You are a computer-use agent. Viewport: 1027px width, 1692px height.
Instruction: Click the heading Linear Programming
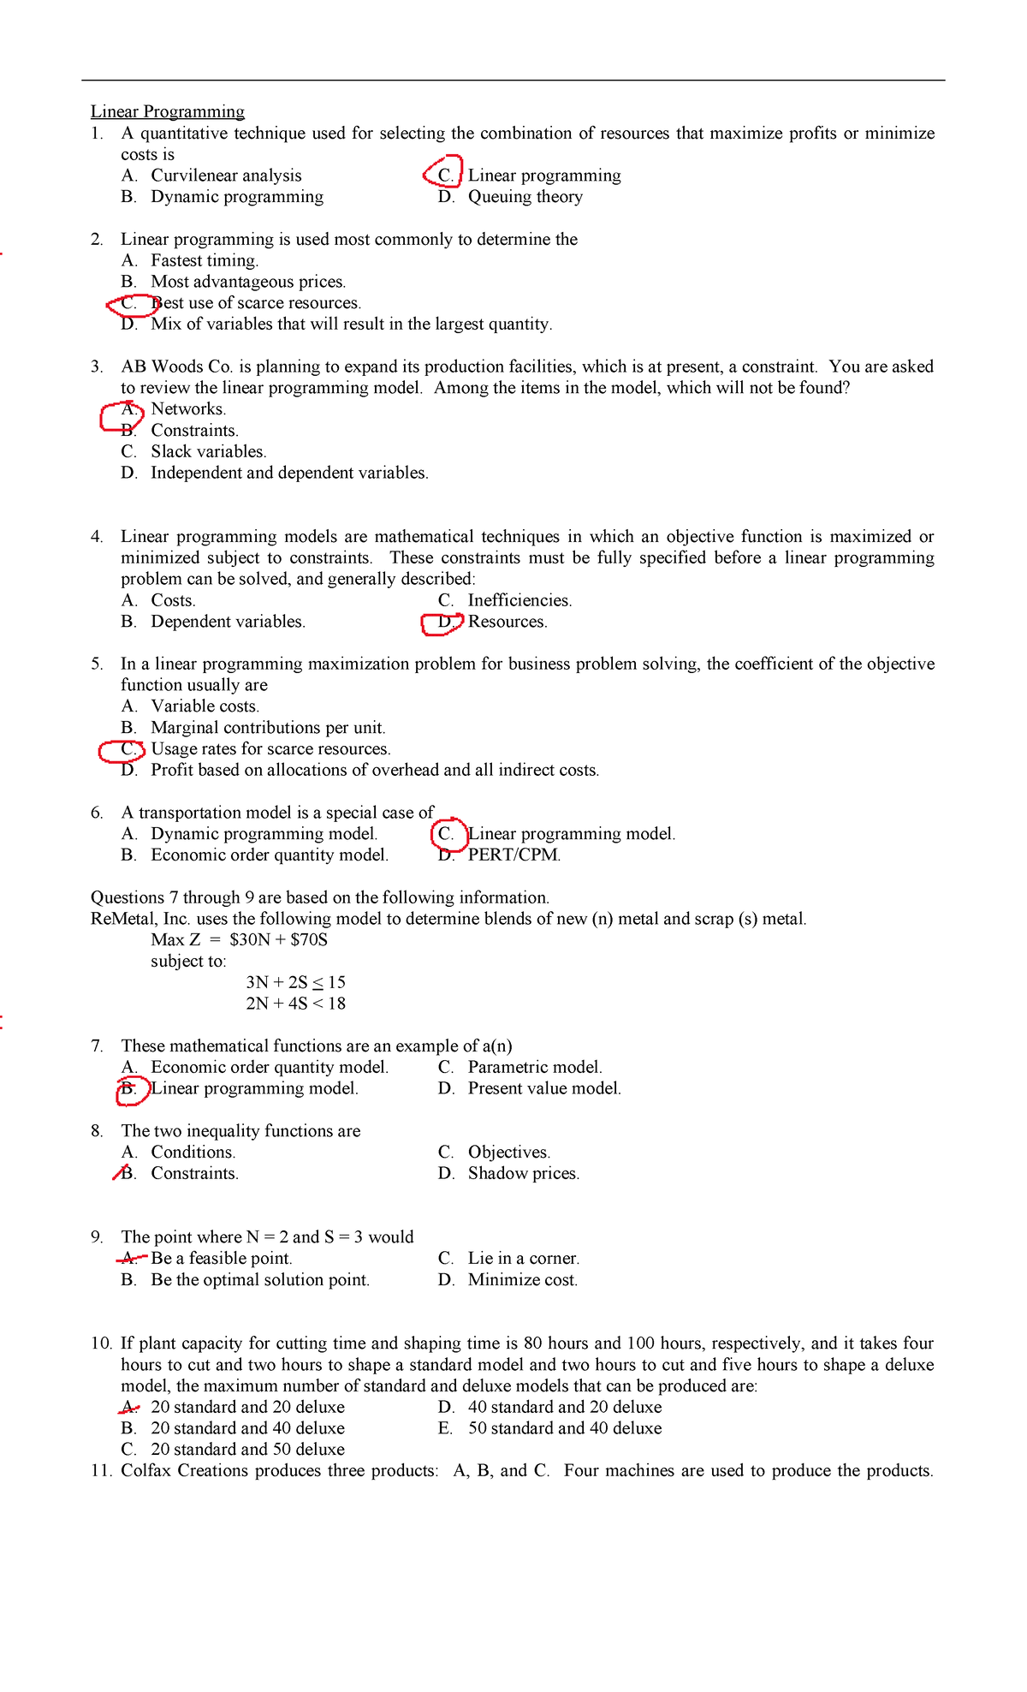click(x=168, y=112)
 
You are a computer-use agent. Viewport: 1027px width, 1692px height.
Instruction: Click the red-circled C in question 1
click(x=445, y=175)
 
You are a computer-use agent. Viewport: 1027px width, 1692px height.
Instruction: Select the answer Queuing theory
click(x=525, y=197)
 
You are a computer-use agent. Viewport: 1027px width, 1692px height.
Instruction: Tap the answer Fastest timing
click(x=205, y=260)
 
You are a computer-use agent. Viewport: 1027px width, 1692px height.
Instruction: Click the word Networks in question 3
click(x=188, y=409)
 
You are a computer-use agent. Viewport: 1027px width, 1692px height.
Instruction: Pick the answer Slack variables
click(x=208, y=451)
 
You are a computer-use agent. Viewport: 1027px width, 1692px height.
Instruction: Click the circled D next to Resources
click(x=444, y=623)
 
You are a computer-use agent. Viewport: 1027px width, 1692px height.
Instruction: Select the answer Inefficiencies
click(x=519, y=600)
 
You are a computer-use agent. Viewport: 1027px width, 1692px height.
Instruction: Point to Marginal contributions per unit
click(x=268, y=728)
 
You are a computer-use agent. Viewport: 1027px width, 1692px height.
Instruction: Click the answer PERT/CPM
click(x=514, y=855)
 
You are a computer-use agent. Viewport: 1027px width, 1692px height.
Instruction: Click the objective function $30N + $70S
click(x=278, y=940)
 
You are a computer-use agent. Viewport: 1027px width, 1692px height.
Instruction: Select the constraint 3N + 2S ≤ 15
click(x=295, y=983)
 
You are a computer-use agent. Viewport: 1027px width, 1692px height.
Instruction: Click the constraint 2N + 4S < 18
click(x=295, y=1004)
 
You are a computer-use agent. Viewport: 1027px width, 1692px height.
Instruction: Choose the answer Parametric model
click(x=535, y=1068)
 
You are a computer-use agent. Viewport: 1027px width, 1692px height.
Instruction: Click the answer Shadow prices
click(x=523, y=1174)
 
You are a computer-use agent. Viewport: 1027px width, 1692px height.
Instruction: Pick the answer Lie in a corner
click(x=523, y=1259)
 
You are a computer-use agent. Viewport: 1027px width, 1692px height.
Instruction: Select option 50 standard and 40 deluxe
click(x=565, y=1428)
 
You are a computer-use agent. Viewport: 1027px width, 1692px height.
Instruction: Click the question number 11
click(x=101, y=1471)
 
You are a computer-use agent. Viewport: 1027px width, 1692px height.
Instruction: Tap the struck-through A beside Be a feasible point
click(x=129, y=1258)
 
